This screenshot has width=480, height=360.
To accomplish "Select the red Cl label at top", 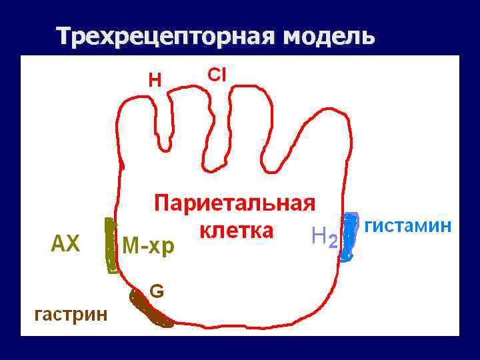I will [x=217, y=75].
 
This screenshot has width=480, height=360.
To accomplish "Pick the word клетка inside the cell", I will [x=237, y=231].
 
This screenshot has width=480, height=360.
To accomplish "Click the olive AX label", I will [x=65, y=245].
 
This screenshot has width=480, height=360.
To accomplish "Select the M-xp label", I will [x=148, y=246].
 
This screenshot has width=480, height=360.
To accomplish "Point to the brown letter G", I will [x=157, y=291].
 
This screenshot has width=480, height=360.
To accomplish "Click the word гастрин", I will [x=71, y=313].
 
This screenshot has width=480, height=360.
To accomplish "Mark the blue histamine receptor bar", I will [x=349, y=237].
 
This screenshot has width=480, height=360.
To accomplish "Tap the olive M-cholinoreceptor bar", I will [x=111, y=245].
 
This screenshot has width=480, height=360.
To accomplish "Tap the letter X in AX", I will [x=73, y=245].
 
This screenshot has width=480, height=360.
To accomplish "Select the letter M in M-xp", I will [x=130, y=246].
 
